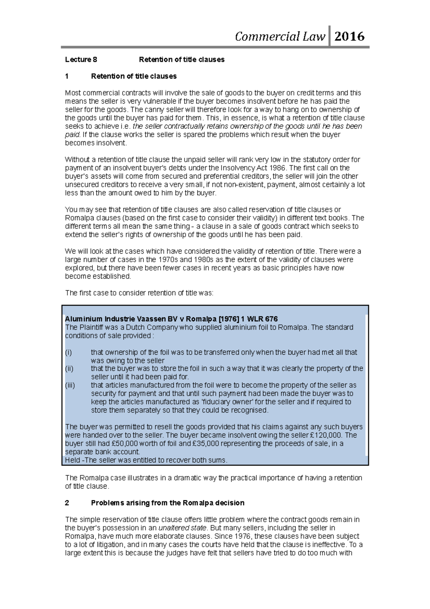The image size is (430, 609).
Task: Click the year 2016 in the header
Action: pyautogui.click(x=349, y=36)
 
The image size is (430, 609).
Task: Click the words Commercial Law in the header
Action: pyautogui.click(x=280, y=36)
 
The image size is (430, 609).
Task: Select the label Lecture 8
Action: pyautogui.click(x=81, y=60)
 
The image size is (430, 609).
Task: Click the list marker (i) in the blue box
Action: pyautogui.click(x=68, y=352)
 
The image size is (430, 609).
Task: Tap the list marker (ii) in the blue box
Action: pyautogui.click(x=69, y=369)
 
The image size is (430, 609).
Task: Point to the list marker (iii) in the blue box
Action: pyautogui.click(x=70, y=385)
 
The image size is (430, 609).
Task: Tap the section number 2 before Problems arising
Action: pyautogui.click(x=67, y=503)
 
